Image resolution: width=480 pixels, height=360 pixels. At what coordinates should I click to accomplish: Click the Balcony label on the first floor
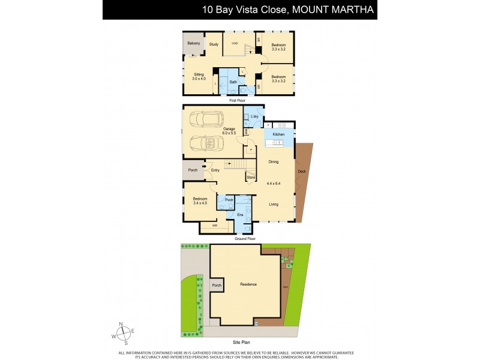tap(193, 43)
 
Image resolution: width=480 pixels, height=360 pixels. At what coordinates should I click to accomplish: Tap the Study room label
tap(214, 44)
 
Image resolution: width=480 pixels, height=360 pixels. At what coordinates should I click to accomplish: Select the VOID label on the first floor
tap(235, 43)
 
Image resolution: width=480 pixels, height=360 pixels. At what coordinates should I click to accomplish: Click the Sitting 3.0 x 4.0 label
tap(199, 76)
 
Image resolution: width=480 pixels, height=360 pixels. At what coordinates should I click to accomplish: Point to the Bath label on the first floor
tap(233, 82)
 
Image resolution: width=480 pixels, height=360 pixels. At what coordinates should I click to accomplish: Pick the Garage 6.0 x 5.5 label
tap(229, 130)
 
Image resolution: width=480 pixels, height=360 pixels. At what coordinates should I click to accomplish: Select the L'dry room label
tap(254, 116)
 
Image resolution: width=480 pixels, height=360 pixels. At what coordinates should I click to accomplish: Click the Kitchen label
tap(278, 134)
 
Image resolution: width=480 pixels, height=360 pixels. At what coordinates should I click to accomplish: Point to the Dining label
tap(273, 161)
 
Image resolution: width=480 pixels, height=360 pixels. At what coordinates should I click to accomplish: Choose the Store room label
tap(251, 177)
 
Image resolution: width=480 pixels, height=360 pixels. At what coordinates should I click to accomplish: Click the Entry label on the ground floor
tap(215, 170)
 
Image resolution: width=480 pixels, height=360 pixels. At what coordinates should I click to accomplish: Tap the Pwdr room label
tap(229, 200)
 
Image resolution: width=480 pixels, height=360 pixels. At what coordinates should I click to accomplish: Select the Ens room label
tap(240, 214)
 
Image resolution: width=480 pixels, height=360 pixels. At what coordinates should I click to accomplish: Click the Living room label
tap(273, 205)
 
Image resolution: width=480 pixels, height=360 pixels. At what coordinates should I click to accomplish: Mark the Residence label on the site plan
tap(248, 284)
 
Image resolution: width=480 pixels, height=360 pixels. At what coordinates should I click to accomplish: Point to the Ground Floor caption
tap(244, 239)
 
